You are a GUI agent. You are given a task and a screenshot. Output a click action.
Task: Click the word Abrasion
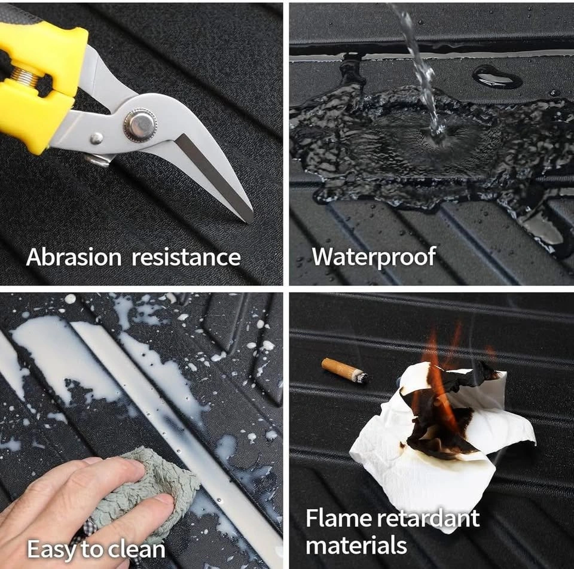click(x=74, y=257)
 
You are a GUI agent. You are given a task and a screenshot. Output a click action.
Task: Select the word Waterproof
click(x=374, y=257)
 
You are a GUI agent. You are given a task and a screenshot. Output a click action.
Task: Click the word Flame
click(x=338, y=518)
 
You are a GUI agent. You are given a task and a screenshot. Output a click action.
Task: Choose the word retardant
click(x=428, y=518)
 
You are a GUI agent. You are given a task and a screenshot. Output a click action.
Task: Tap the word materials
click(x=356, y=545)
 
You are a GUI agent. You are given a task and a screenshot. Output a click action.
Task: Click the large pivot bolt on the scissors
click(x=141, y=124)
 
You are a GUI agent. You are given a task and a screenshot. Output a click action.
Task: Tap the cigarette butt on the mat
click(x=344, y=370)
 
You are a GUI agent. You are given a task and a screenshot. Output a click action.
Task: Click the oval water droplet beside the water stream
click(x=497, y=77)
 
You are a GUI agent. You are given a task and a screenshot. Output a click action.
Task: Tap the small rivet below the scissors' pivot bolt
click(x=97, y=138)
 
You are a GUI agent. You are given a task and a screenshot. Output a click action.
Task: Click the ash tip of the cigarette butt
click(x=361, y=377)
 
